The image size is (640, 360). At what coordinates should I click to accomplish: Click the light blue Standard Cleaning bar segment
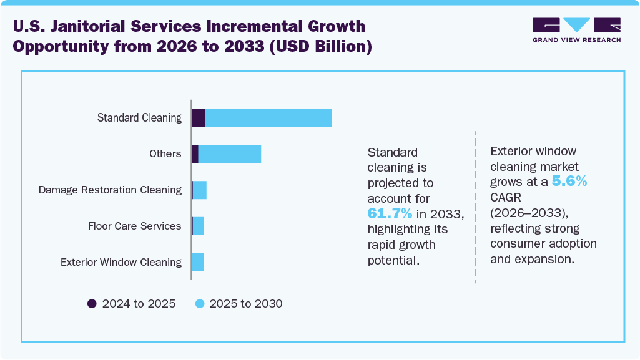click(x=268, y=117)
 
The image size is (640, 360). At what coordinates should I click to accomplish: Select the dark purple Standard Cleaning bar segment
click(x=199, y=117)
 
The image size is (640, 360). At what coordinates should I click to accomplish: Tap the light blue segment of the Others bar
click(x=229, y=153)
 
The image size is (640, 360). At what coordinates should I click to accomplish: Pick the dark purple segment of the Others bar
click(x=195, y=153)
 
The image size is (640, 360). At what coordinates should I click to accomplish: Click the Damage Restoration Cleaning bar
click(x=199, y=190)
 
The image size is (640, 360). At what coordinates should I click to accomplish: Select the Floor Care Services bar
click(x=198, y=226)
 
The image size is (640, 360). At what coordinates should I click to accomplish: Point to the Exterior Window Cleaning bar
click(x=198, y=262)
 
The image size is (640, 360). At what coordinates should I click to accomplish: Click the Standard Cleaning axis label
click(x=139, y=117)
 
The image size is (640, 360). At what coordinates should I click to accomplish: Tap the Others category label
click(x=165, y=153)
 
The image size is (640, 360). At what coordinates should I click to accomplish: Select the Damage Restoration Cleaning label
click(x=110, y=190)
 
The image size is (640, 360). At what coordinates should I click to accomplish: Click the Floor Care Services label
click(x=134, y=226)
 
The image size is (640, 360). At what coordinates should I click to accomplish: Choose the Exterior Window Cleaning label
click(x=121, y=262)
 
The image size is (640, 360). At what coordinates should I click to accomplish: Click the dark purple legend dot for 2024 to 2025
click(x=92, y=304)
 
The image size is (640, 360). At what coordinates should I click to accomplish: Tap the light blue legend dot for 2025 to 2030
click(x=199, y=304)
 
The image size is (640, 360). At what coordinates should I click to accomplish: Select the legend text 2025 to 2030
click(x=246, y=304)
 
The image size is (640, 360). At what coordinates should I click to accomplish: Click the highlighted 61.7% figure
click(x=390, y=214)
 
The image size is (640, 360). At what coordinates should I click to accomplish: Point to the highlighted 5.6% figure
click(x=569, y=182)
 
